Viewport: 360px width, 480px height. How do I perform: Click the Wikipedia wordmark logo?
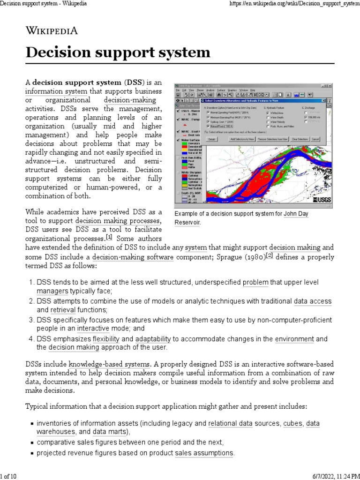tap(52, 31)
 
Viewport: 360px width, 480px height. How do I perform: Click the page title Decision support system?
tap(118, 52)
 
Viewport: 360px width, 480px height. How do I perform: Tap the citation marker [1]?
tap(109, 237)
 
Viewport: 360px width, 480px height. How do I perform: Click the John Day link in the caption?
tap(296, 214)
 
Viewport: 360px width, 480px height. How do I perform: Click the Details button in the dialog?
tap(211, 139)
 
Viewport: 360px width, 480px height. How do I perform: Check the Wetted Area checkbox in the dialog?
tap(268, 113)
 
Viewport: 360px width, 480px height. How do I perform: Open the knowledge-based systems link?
tap(109, 363)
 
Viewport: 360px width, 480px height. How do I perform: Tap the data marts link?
tap(109, 432)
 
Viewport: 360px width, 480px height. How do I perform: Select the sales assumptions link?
tap(204, 453)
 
